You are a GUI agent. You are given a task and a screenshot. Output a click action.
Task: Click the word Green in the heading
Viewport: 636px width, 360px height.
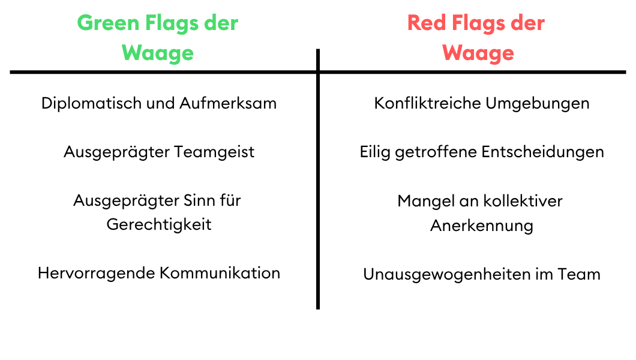click(x=108, y=23)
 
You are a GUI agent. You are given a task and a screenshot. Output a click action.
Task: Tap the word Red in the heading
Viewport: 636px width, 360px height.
click(x=426, y=23)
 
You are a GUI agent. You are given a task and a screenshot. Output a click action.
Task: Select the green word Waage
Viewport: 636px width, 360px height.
click(x=158, y=53)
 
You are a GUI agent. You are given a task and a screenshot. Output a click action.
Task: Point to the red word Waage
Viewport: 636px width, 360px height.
click(x=478, y=53)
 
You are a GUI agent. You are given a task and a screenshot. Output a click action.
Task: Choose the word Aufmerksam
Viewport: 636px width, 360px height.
click(x=228, y=103)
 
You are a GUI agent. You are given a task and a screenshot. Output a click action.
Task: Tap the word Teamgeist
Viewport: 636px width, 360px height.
click(x=214, y=152)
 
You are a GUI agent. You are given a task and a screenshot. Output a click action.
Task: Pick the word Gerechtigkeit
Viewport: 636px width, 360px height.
click(x=159, y=224)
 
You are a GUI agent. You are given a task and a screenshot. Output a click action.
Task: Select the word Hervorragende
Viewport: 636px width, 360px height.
click(x=96, y=274)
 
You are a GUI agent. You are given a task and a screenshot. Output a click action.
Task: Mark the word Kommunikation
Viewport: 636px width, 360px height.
click(x=220, y=273)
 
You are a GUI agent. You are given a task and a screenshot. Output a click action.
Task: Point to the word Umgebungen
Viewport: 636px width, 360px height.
click(x=538, y=104)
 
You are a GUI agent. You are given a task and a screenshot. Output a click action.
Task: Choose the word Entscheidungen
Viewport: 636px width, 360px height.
click(x=543, y=152)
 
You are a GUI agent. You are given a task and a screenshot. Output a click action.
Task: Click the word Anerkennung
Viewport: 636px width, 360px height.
click(x=482, y=226)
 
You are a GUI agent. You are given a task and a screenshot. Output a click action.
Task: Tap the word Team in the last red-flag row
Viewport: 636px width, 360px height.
click(x=579, y=274)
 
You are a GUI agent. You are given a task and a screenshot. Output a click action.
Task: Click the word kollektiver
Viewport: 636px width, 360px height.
click(x=523, y=201)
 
